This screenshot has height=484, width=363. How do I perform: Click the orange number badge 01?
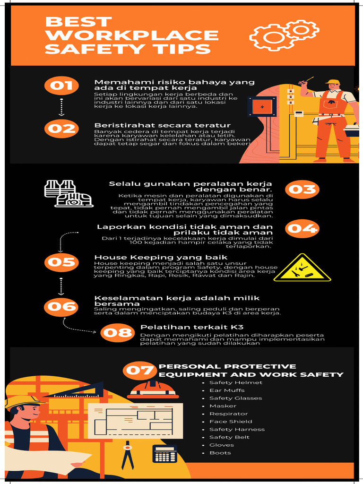pos(61,86)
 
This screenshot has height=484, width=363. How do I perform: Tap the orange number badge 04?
pos(302,229)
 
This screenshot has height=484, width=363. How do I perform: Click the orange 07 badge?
pos(139,370)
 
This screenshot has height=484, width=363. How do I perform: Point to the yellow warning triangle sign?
pos(302,268)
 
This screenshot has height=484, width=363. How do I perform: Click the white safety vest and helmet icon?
pos(68,193)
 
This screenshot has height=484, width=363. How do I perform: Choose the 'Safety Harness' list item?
pos(237,429)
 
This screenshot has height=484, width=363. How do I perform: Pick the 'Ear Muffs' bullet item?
pos(227,390)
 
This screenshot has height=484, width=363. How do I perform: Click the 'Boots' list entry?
pos(220,453)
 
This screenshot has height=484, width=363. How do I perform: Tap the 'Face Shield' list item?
pos(231,422)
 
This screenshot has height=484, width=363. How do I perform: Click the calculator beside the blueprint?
pos(164,454)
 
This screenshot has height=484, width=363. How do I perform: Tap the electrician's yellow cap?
pos(333,82)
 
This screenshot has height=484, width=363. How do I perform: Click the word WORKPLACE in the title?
pos(132,35)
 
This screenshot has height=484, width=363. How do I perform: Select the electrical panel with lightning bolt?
pos(261,107)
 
